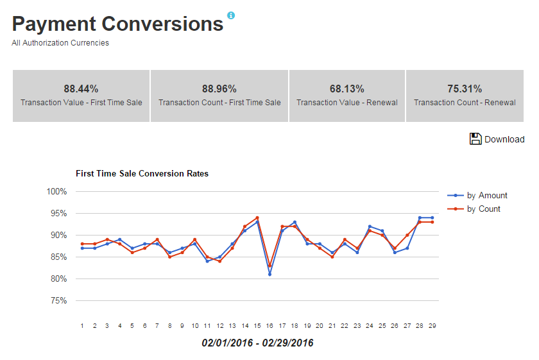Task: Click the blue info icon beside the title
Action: (231, 15)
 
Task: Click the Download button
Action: (497, 139)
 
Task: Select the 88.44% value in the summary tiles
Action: (81, 89)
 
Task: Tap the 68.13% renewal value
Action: (346, 89)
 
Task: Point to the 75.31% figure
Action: (465, 89)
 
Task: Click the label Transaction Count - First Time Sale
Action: (219, 103)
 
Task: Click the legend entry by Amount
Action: (487, 195)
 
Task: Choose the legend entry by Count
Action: (483, 209)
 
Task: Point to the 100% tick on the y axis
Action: (57, 191)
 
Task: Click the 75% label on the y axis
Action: (58, 300)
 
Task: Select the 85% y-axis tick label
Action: (58, 257)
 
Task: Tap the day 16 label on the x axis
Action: (269, 326)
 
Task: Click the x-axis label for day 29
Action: (432, 326)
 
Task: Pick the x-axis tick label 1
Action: (82, 326)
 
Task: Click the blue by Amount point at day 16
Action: (269, 274)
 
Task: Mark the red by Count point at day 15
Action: (257, 218)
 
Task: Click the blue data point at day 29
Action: (432, 218)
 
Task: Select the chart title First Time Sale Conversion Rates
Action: (142, 173)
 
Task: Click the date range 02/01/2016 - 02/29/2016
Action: (257, 343)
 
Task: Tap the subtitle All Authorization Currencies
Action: (60, 43)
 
